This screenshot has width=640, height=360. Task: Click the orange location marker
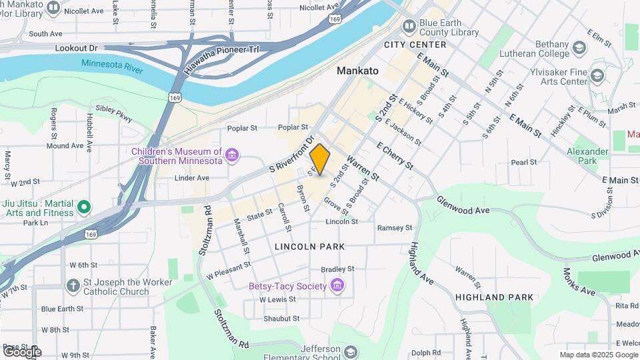point(320,159)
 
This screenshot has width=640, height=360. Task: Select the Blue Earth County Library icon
point(408,27)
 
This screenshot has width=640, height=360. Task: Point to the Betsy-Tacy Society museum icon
point(337,287)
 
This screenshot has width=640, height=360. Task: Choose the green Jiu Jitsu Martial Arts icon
point(84,207)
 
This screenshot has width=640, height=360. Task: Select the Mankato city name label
point(357,71)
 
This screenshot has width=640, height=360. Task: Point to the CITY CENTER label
point(415,45)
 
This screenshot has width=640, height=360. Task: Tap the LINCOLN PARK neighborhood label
point(310,247)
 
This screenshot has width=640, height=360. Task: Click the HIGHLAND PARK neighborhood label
point(494,297)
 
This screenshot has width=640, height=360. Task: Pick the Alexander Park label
point(587,156)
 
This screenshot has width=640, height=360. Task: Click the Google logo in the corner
point(21,351)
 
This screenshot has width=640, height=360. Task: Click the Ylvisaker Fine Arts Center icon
point(597,76)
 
